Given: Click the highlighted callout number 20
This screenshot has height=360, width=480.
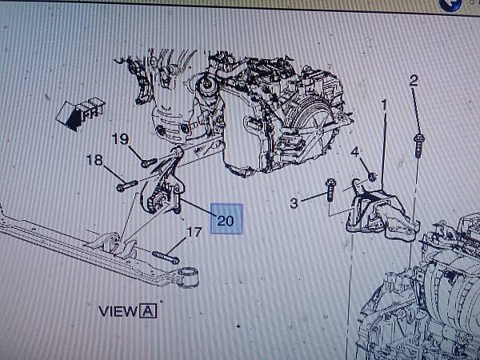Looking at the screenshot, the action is click(x=226, y=220).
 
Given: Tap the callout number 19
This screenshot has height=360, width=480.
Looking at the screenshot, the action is click(x=120, y=139).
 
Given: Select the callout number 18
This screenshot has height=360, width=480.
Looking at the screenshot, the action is click(x=94, y=159).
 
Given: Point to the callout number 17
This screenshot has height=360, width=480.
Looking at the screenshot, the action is click(x=194, y=232).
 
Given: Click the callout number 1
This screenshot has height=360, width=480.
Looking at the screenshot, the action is click(x=384, y=106).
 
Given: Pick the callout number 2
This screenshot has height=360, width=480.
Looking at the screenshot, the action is click(x=414, y=81).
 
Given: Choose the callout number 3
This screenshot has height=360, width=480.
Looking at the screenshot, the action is click(x=294, y=203).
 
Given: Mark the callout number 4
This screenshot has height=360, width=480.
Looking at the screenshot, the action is click(x=354, y=152).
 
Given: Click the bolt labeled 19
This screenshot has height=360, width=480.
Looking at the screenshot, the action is click(x=149, y=162).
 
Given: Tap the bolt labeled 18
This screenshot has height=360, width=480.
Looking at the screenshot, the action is click(x=127, y=186).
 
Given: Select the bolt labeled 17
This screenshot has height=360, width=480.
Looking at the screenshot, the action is click(x=166, y=258).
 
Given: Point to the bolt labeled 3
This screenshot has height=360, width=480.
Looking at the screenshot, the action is click(x=330, y=190).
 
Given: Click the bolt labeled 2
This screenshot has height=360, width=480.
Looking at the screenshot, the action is click(x=418, y=146).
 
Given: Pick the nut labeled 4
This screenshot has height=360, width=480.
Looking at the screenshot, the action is click(x=372, y=176).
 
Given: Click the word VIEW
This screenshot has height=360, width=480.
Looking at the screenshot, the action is click(x=118, y=311).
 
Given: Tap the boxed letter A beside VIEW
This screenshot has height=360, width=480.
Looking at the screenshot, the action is click(x=148, y=311).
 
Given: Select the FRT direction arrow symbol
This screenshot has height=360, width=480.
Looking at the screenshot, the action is click(x=81, y=114).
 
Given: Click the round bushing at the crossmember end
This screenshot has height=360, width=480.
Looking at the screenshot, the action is click(x=188, y=277).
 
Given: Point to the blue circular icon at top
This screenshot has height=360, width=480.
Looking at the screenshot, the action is click(x=450, y=5).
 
